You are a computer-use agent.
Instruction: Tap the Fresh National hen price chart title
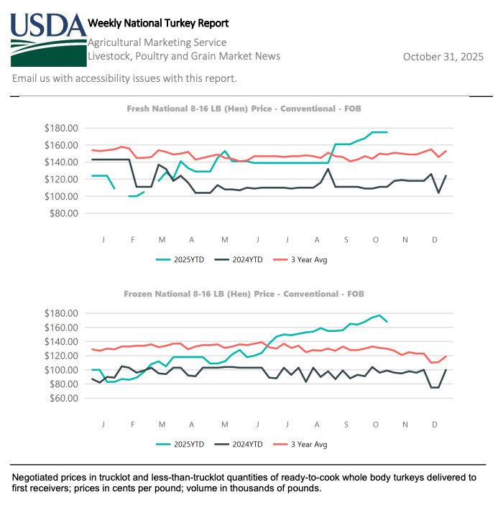pos(244,108)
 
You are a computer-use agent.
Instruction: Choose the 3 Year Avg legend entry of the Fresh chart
pos(310,259)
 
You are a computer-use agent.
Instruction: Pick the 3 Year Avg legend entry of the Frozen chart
pos(310,444)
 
